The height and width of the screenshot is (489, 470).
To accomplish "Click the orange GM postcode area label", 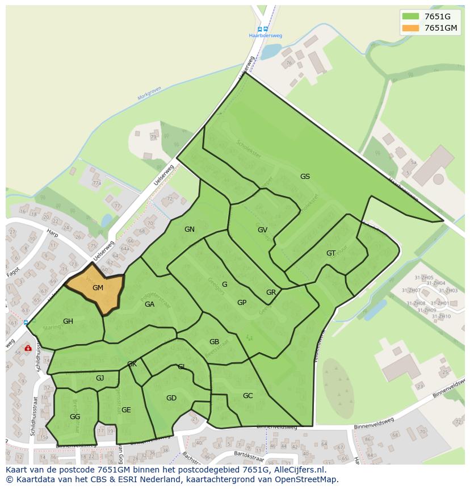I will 98,288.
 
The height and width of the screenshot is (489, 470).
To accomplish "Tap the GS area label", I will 305,177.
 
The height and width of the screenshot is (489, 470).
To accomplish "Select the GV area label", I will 262,230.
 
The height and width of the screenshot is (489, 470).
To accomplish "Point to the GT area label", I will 331,253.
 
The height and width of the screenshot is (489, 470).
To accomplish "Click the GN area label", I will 190,229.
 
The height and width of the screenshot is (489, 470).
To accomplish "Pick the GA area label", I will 149,304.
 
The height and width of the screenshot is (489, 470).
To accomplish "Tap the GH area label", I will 68,321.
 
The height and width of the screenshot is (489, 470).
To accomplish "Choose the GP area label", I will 242,303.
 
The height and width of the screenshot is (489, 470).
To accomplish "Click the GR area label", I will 271,293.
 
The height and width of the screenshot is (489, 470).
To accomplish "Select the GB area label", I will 214,342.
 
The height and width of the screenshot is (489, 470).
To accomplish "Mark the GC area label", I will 247,396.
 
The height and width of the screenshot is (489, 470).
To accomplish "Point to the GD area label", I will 171,398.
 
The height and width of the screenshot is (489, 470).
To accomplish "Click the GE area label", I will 126,410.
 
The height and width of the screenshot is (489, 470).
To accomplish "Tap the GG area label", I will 75,417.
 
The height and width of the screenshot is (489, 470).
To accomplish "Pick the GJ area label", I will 100,378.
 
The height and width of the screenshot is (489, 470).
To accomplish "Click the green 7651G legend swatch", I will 410,16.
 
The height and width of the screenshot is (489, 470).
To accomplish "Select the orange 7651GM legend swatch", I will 410,28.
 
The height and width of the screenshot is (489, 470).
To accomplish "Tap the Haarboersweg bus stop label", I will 266,35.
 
